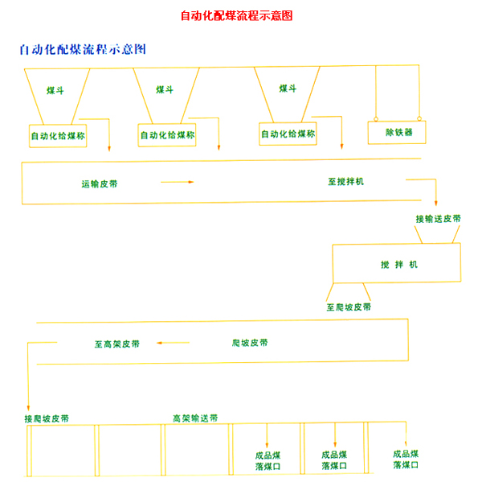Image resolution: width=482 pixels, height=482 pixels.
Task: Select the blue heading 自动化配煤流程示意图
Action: click(x=83, y=49)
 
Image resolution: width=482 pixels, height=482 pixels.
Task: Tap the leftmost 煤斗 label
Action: click(x=55, y=91)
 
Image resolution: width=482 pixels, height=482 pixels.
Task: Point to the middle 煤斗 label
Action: click(x=165, y=90)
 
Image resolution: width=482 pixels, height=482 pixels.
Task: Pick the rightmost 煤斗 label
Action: click(x=288, y=89)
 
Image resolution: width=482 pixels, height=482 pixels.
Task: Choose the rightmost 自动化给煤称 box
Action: click(x=288, y=133)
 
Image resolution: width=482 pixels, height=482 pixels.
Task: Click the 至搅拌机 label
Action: click(x=345, y=182)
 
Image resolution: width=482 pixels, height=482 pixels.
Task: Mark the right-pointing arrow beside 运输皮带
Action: click(x=177, y=183)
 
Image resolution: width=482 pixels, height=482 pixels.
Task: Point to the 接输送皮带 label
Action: click(x=438, y=218)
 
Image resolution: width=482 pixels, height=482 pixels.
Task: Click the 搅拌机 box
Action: click(x=397, y=264)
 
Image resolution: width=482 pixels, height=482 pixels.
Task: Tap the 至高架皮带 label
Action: click(x=117, y=344)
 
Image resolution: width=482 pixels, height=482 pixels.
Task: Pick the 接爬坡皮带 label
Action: click(x=47, y=419)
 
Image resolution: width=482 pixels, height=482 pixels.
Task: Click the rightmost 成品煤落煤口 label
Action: click(x=406, y=459)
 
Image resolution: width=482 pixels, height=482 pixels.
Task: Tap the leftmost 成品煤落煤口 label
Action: click(x=267, y=460)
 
